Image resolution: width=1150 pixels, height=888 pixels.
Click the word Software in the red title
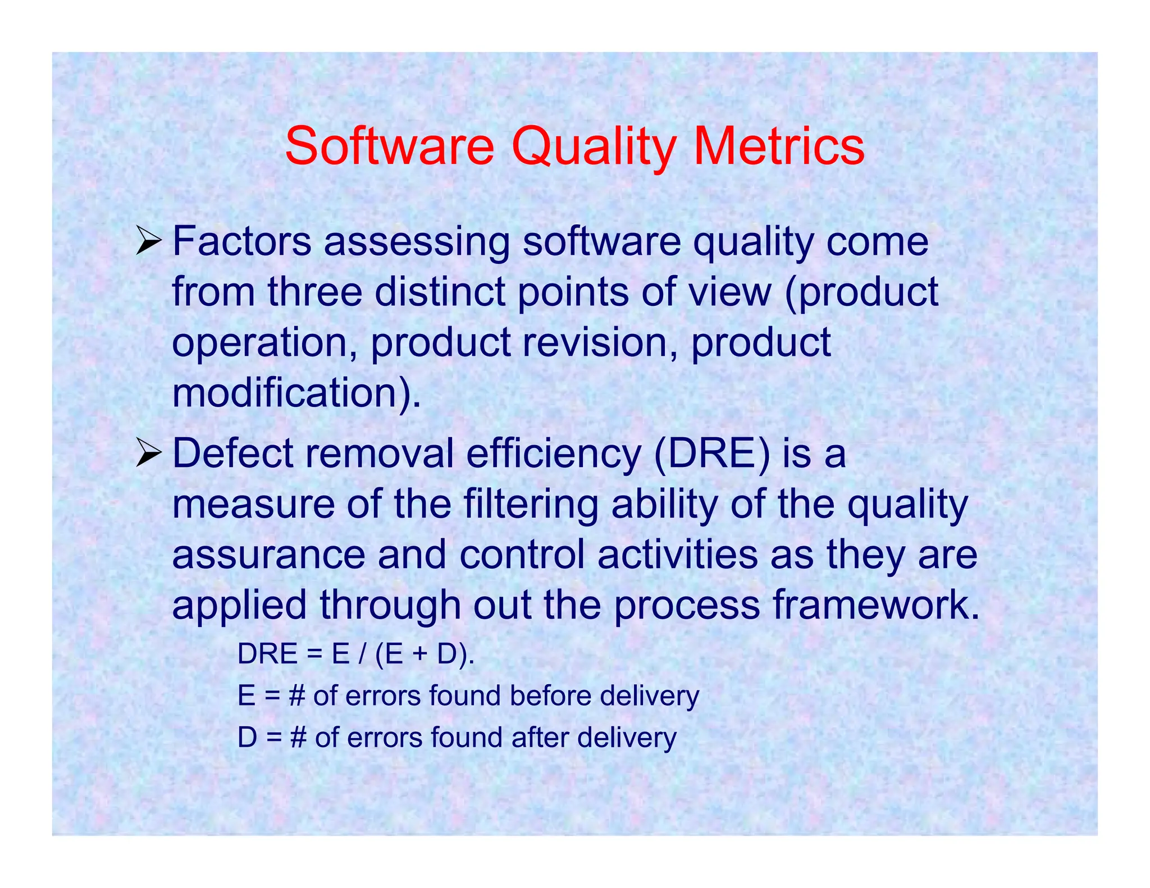pos(389,147)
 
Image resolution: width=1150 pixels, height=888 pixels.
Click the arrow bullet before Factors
pos(148,243)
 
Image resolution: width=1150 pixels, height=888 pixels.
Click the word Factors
pos(241,242)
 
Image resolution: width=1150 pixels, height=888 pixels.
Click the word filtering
pos(531,504)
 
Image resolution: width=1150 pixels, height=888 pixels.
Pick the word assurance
pos(268,555)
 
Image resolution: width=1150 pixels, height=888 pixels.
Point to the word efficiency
pos(553,454)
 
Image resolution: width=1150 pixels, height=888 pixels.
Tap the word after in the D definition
pos(538,738)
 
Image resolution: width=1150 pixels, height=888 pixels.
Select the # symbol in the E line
pos(297,697)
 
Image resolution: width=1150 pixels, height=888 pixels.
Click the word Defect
pos(232,454)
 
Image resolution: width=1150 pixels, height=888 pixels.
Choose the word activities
pos(677,555)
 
